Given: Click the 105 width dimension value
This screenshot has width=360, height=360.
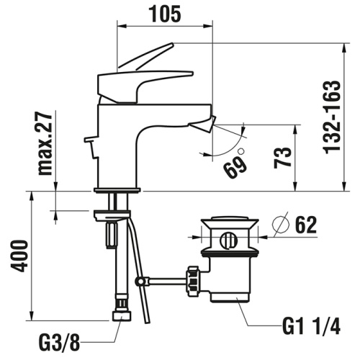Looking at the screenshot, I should point(165,12).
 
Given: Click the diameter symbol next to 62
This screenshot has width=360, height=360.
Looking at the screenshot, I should point(282,225).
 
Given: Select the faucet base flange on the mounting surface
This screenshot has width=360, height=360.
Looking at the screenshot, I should point(117,190).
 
